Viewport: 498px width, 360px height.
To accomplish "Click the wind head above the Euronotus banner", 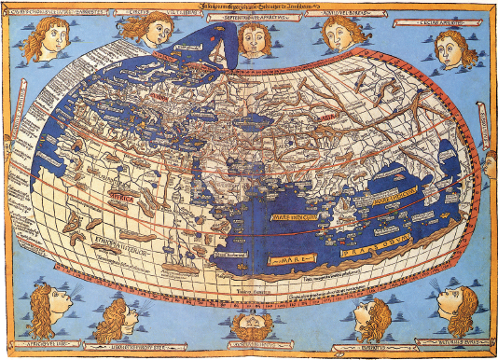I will pyautogui.click(x=370, y=317).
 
